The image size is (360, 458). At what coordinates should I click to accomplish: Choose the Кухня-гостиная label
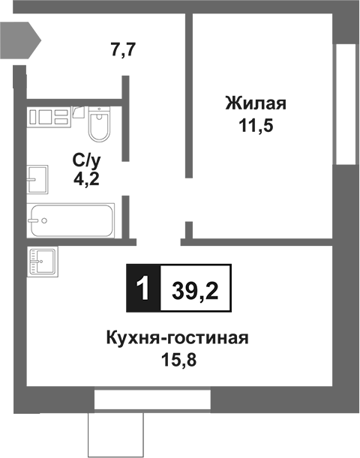[x=176, y=338]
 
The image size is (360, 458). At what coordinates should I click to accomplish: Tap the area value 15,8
[x=176, y=361]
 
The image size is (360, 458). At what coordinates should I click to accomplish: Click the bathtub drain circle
[x=43, y=221]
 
